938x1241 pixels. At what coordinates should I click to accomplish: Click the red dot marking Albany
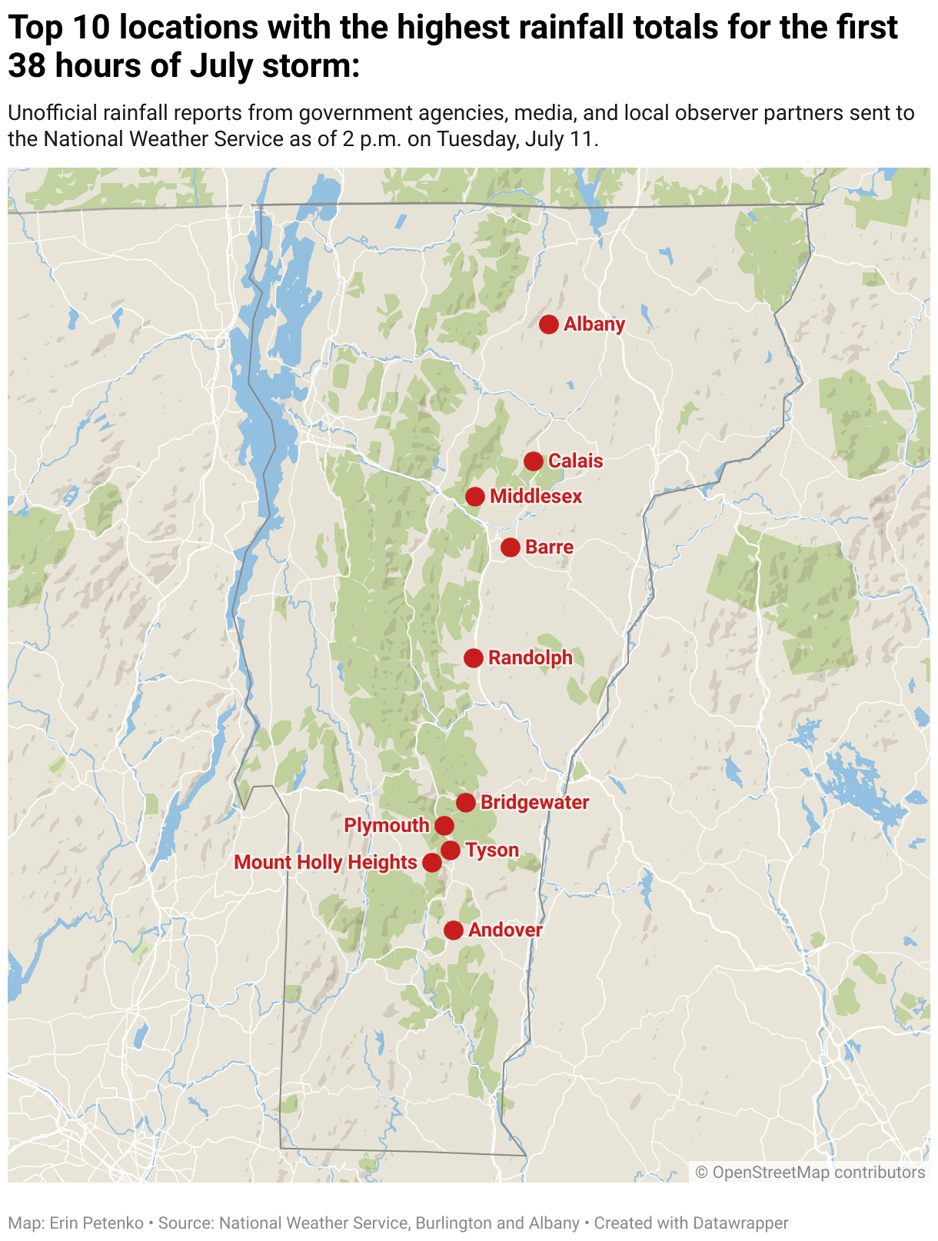[x=548, y=324]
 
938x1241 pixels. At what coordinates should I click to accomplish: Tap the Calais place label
[x=575, y=461]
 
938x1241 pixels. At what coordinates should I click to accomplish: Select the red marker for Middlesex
[x=474, y=497]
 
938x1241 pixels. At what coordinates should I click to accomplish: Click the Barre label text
[x=549, y=547]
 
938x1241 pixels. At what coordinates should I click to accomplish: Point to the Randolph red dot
[x=474, y=658]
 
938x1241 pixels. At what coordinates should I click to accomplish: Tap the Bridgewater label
[x=534, y=802]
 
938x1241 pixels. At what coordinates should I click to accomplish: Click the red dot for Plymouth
[x=444, y=826]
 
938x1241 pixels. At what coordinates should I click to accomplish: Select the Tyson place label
[x=492, y=850]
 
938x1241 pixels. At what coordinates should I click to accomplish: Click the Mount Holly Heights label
[x=325, y=862]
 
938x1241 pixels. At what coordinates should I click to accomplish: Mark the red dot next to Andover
[x=454, y=930]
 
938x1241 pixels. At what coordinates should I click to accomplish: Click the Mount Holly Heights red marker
[x=432, y=863]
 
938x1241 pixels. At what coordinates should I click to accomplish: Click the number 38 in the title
[x=26, y=66]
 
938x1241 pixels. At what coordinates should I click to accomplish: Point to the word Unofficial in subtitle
[x=52, y=113]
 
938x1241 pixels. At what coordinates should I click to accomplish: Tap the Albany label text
[x=594, y=324]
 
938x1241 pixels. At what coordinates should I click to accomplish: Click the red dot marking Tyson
[x=451, y=850]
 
